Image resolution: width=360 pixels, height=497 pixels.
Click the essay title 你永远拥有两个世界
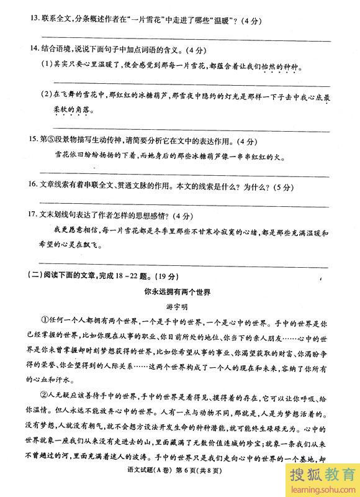point(179,290)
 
